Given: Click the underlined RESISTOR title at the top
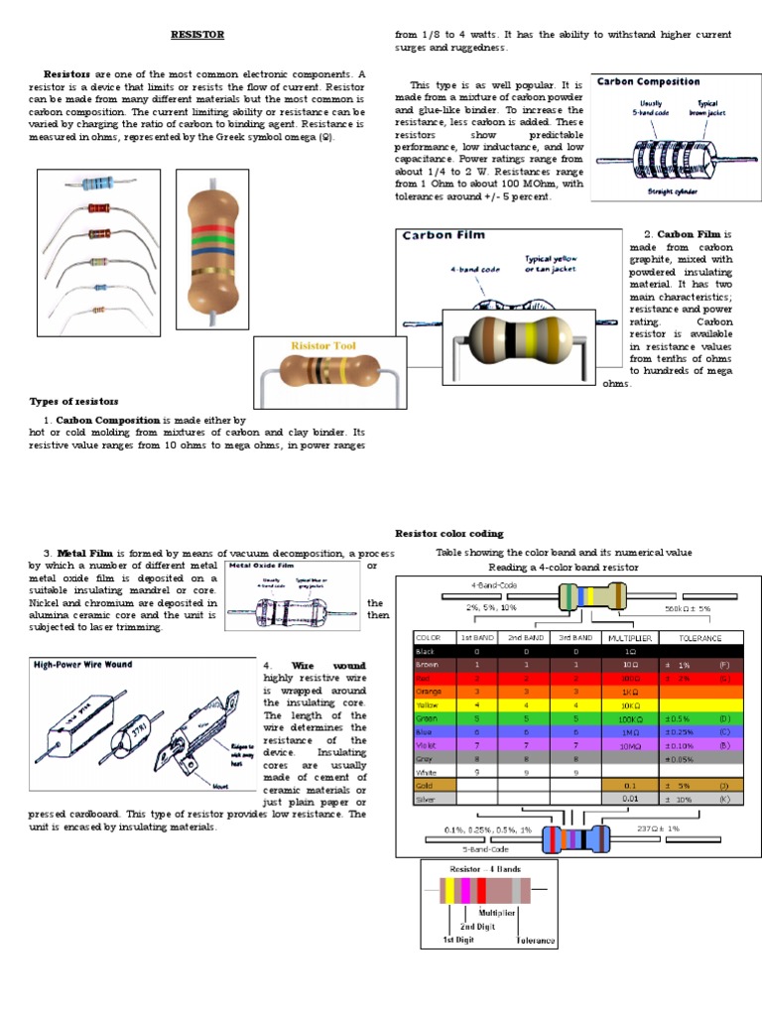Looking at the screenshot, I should coord(197,35).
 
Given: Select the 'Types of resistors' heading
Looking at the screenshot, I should coord(73,401).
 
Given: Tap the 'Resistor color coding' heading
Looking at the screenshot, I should coord(448,533).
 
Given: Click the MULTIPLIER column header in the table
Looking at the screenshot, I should coord(630,637).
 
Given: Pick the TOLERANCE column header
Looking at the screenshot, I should coord(700,637).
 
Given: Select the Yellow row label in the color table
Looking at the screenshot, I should coord(429,703).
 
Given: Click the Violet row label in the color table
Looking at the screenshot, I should coord(429,743).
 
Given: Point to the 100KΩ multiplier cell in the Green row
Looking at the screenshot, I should coord(630,717).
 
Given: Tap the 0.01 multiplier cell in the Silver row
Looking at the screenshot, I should coord(630,797).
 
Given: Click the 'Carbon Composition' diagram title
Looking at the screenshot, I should coord(648,82).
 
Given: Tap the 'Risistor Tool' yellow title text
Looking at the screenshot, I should coord(322,346).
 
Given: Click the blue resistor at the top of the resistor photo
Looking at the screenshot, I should coord(98,184).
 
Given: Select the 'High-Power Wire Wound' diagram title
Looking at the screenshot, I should coord(83,664).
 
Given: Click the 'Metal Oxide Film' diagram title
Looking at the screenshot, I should coord(262,566).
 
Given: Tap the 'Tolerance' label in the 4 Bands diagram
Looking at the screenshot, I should coord(536,940).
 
